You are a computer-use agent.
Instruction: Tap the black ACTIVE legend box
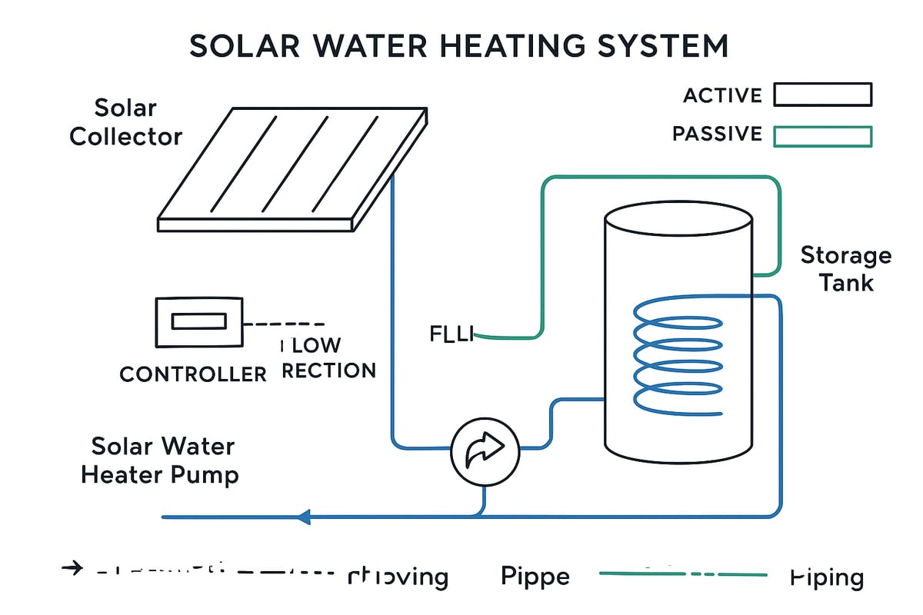tap(822, 95)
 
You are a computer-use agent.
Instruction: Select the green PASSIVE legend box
tap(822, 136)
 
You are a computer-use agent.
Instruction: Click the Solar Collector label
tap(126, 122)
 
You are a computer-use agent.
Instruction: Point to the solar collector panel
tap(292, 165)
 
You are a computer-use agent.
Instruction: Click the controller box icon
tap(198, 322)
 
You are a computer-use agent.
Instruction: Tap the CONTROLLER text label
tap(193, 374)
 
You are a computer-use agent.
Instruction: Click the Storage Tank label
tap(845, 268)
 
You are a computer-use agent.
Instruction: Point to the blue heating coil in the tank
tap(677, 357)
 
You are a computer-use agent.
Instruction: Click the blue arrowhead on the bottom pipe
tap(304, 517)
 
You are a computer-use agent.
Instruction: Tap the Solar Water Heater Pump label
tap(160, 460)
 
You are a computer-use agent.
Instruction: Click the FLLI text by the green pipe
tap(451, 334)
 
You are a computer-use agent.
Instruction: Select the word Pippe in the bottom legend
tap(535, 576)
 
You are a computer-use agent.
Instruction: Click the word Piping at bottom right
tap(827, 577)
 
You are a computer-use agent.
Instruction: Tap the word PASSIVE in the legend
tap(717, 135)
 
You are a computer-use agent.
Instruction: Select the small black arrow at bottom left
tap(72, 569)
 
